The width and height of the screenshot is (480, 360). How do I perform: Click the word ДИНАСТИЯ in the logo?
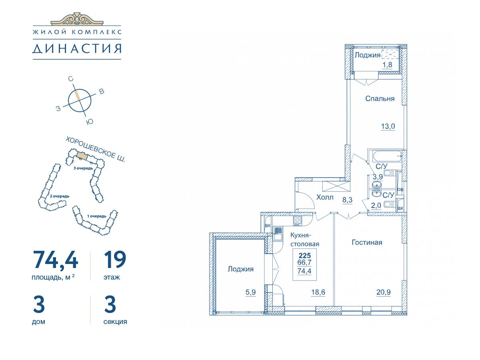click(77, 49)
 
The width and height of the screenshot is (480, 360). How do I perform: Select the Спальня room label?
click(380, 98)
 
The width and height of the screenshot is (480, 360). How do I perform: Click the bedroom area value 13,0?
click(388, 126)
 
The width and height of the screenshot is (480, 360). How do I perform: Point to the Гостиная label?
click(367, 242)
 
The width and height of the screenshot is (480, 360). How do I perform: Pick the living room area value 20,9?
click(384, 292)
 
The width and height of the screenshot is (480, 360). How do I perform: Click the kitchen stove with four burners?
click(298, 220)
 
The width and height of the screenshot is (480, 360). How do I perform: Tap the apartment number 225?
click(305, 255)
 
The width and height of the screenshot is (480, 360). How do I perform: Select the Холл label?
click(325, 197)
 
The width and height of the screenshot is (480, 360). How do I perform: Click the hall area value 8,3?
click(348, 200)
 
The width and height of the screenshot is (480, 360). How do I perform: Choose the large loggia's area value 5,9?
click(251, 292)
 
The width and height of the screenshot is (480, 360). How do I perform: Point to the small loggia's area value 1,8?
click(387, 65)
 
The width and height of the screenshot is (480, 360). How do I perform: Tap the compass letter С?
click(71, 79)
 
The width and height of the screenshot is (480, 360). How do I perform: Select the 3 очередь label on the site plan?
click(83, 168)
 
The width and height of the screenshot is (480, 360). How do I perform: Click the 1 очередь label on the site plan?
click(97, 216)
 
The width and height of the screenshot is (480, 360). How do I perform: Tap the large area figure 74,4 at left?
click(56, 260)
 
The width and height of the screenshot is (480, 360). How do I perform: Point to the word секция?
click(115, 322)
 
